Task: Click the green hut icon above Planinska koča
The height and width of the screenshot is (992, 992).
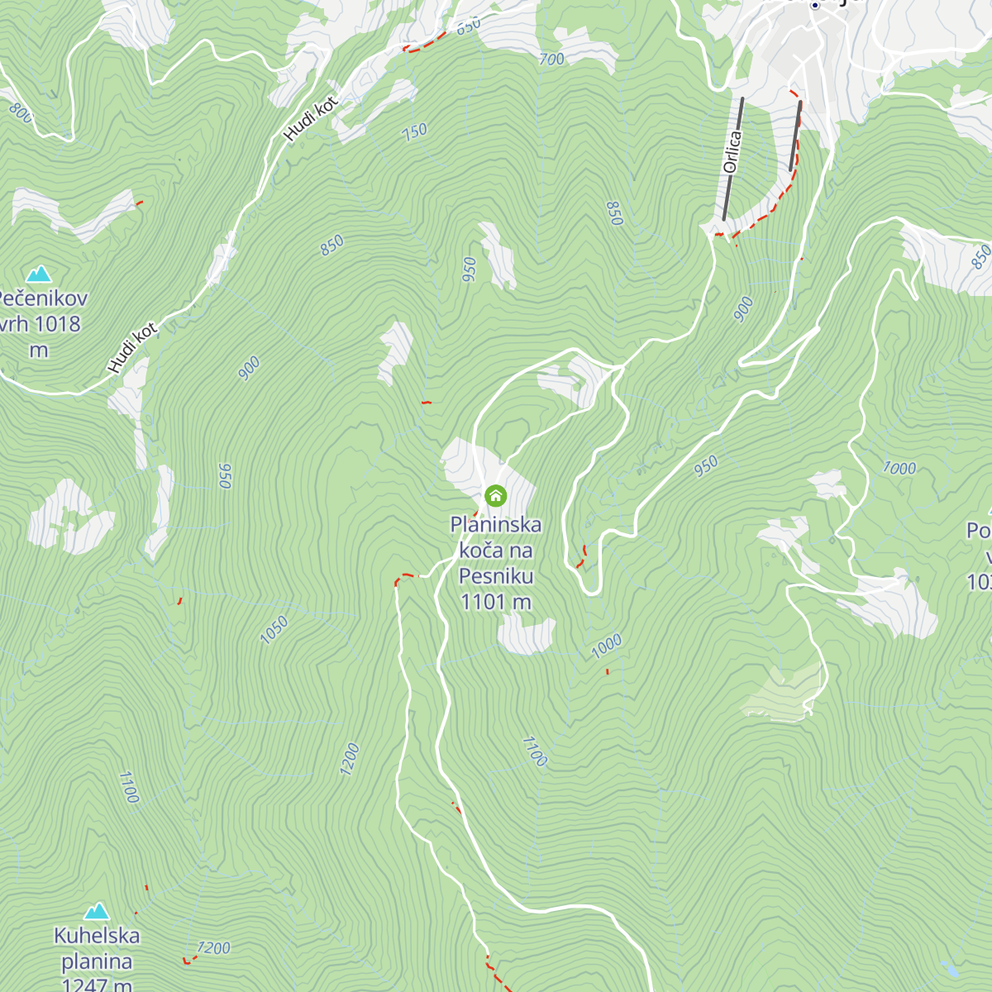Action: click(495, 496)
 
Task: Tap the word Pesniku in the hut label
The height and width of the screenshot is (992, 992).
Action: click(496, 576)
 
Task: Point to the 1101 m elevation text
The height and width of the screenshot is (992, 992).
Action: click(496, 602)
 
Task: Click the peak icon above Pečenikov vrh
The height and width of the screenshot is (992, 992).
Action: click(38, 274)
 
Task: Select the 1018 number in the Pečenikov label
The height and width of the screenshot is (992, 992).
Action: click(58, 324)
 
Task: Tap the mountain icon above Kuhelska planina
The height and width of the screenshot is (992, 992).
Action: click(97, 911)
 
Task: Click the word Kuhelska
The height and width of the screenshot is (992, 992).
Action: click(97, 936)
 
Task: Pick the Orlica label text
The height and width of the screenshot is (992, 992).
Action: click(732, 152)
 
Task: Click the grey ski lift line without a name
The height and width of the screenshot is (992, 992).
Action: click(795, 136)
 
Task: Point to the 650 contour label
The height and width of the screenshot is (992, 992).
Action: click(468, 26)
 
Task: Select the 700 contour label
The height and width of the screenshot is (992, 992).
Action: click(551, 60)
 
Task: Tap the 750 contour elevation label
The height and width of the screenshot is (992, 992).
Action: click(414, 131)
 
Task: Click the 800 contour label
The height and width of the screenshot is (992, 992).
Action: click(20, 112)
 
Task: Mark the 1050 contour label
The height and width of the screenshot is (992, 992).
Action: click(274, 630)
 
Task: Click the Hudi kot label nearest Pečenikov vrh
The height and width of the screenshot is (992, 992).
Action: click(132, 349)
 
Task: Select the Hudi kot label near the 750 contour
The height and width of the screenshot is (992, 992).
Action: click(311, 119)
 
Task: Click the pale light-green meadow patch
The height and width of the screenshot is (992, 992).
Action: click(782, 694)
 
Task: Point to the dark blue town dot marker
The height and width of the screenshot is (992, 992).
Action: click(814, 5)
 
